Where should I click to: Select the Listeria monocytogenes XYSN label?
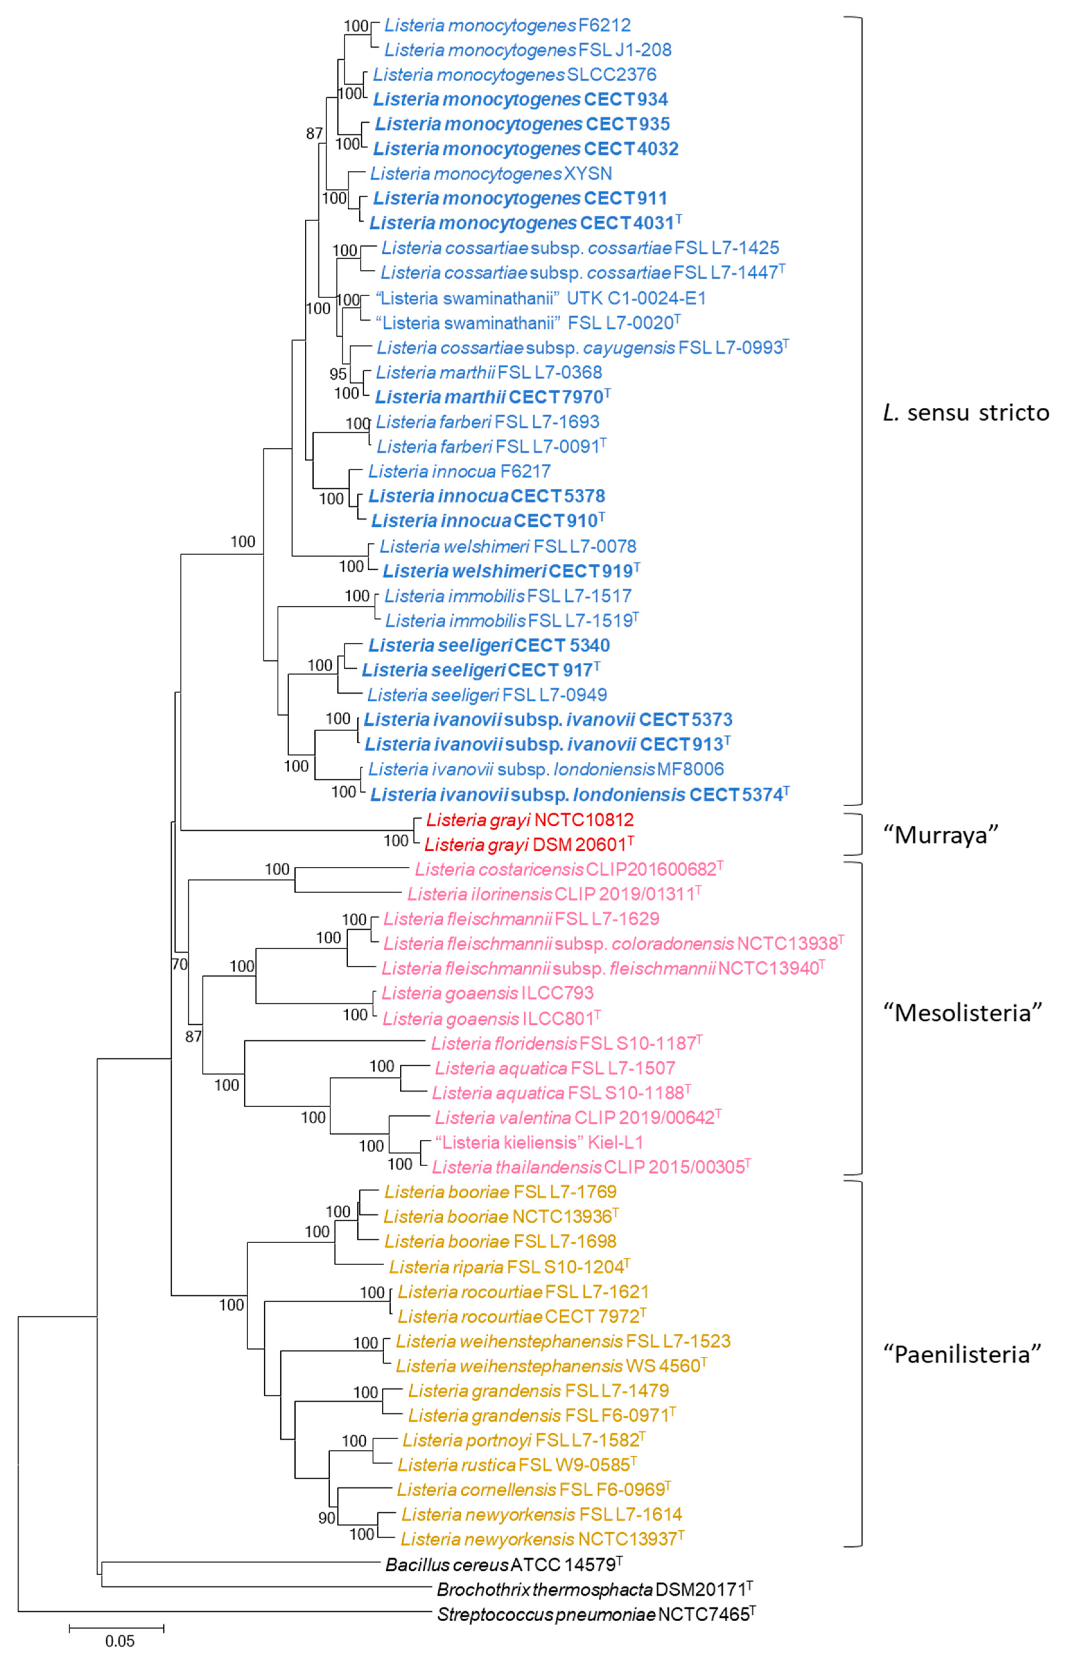pyautogui.click(x=491, y=173)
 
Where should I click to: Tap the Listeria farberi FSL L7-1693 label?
pyautogui.click(x=487, y=422)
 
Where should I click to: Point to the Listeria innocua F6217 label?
pyautogui.click(x=459, y=471)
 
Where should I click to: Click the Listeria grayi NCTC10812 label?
pyautogui.click(x=530, y=819)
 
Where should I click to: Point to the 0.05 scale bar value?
pyautogui.click(x=120, y=1641)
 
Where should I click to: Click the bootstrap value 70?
pyautogui.click(x=179, y=964)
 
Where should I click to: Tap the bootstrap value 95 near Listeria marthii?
pyautogui.click(x=338, y=374)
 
